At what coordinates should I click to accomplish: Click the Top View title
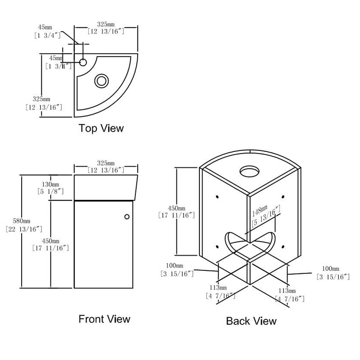(x=101, y=128)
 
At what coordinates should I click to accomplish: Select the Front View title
(x=104, y=319)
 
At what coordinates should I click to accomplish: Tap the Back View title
(x=251, y=321)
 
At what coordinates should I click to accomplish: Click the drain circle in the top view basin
(x=102, y=81)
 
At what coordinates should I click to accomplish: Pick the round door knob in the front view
(x=127, y=217)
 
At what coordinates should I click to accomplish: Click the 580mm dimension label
(x=21, y=221)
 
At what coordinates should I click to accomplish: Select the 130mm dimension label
(x=50, y=184)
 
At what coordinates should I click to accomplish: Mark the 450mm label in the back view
(x=176, y=208)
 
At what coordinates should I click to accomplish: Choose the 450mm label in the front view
(x=50, y=241)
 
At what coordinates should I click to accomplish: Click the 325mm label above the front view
(x=105, y=163)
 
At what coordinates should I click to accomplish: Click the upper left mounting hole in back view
(x=217, y=197)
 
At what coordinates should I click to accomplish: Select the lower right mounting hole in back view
(x=282, y=245)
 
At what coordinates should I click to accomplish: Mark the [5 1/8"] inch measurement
(x=50, y=191)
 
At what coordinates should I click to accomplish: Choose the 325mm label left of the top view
(x=41, y=99)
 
